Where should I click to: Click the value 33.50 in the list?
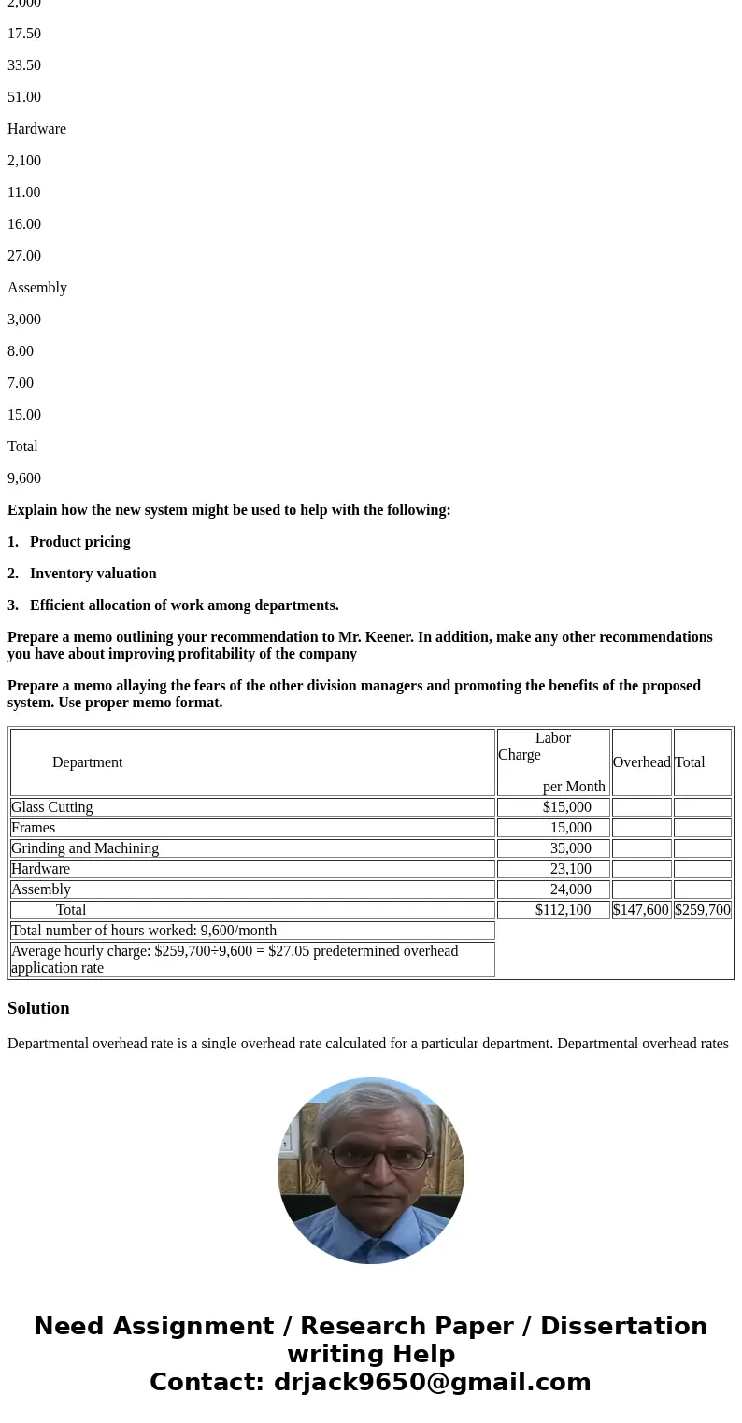click(24, 65)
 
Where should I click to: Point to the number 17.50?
click(24, 34)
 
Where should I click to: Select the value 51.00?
click(24, 97)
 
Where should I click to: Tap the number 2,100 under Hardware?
click(24, 161)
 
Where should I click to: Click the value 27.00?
click(24, 256)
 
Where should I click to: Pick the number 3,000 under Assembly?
click(24, 320)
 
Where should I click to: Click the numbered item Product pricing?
click(79, 542)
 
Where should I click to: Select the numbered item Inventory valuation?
click(93, 574)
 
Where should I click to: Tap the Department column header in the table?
click(87, 762)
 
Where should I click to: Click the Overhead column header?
click(641, 762)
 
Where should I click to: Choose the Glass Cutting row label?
click(52, 807)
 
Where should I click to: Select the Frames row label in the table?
click(34, 828)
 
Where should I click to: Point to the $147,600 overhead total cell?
click(641, 910)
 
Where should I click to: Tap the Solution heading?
click(38, 1008)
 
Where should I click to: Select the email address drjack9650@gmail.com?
click(432, 1383)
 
